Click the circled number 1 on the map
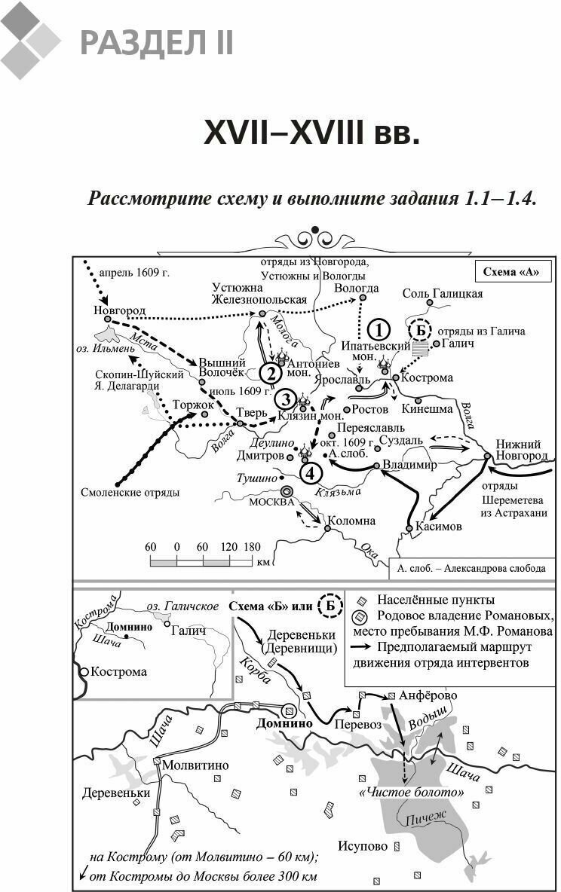point(379,329)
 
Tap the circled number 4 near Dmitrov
point(311,472)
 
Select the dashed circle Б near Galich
point(421,330)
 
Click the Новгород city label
point(119,310)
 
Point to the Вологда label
point(356,288)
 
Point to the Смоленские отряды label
point(130,493)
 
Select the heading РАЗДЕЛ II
point(157,42)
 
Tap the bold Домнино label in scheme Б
point(284,722)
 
